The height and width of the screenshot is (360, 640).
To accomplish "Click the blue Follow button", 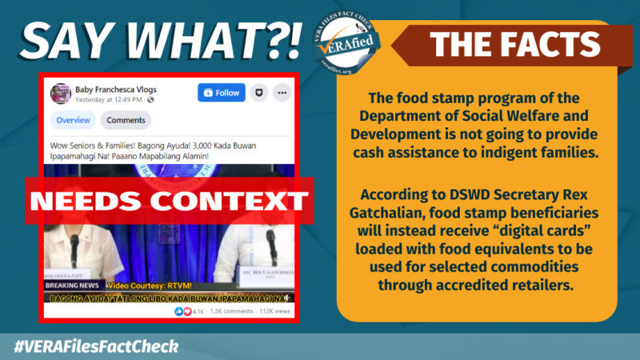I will (222, 93).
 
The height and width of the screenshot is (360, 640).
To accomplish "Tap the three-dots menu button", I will (281, 93).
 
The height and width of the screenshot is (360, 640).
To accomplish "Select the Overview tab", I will (73, 121).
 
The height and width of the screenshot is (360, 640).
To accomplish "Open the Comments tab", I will (126, 121).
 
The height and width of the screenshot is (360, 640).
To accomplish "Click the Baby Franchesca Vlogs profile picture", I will (61, 94).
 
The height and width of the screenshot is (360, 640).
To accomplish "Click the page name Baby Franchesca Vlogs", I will (114, 89).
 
